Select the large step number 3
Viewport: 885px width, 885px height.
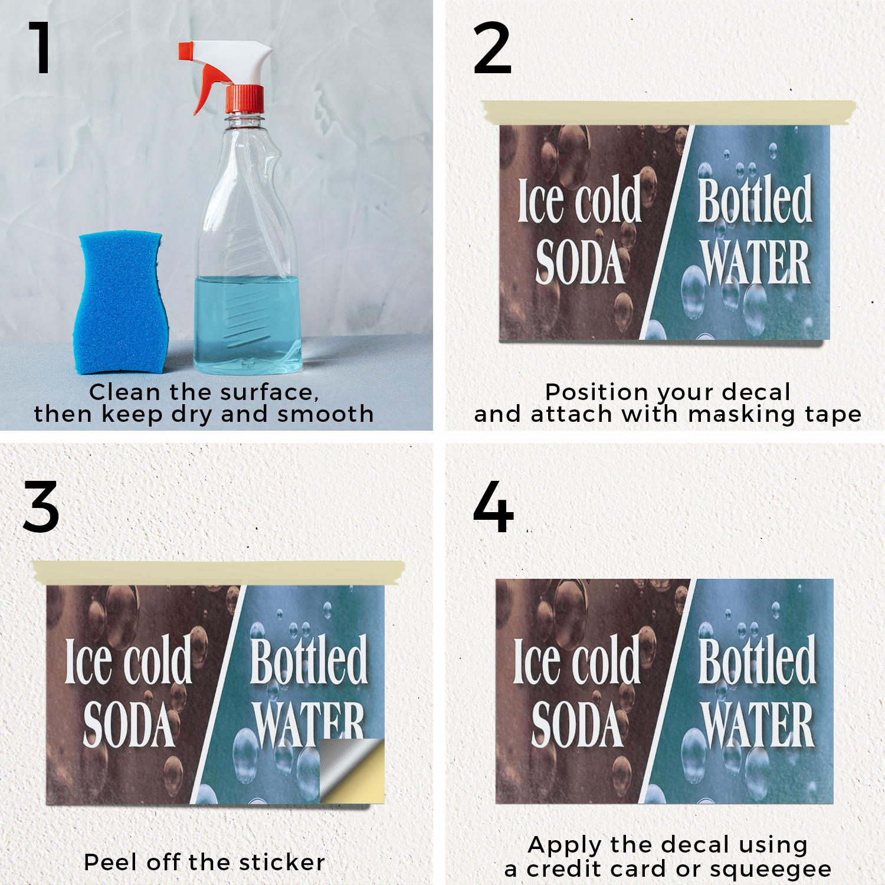[41, 507]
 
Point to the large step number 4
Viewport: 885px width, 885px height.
[493, 507]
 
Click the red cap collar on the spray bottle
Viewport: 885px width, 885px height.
[245, 99]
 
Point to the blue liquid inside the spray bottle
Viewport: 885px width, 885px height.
[248, 324]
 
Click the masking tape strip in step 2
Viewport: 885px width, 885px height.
[669, 112]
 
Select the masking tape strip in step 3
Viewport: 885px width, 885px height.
[219, 573]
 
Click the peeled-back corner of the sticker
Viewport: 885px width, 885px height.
[352, 771]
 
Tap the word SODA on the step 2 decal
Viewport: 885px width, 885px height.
[579, 262]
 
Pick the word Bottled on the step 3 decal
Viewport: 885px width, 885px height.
[309, 661]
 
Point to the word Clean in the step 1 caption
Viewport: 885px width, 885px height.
[125, 392]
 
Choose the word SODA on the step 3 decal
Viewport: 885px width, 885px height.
[129, 725]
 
